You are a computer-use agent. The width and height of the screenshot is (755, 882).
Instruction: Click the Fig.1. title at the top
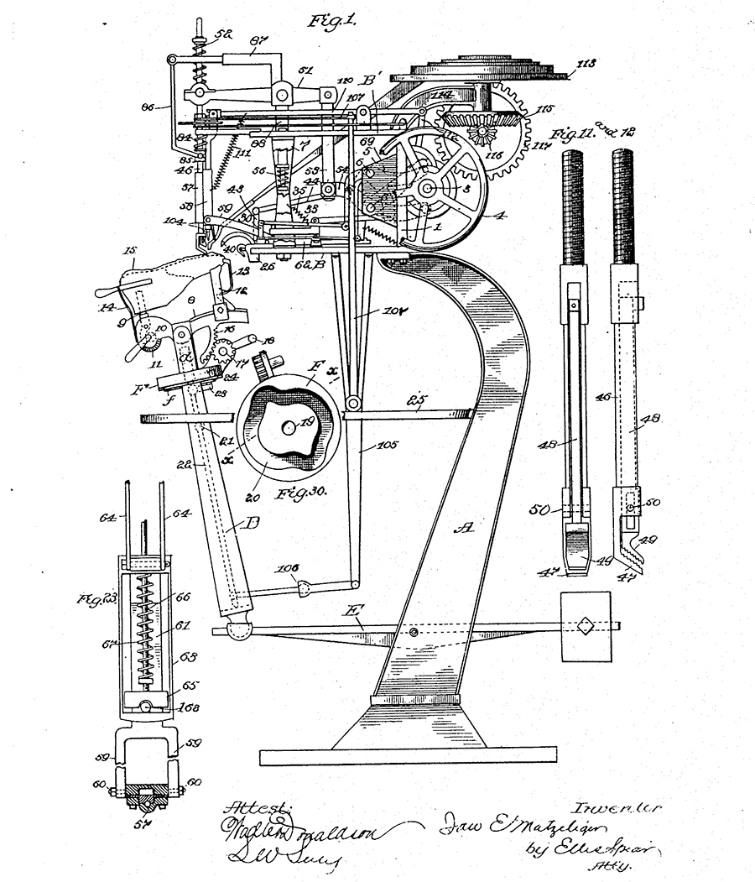332,22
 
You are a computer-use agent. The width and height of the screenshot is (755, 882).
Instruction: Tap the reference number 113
586,63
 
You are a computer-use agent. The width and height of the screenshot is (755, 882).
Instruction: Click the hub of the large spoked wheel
428,188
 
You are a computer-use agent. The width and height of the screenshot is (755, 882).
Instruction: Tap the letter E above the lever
356,623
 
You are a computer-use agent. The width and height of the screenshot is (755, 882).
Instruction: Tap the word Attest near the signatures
256,808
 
